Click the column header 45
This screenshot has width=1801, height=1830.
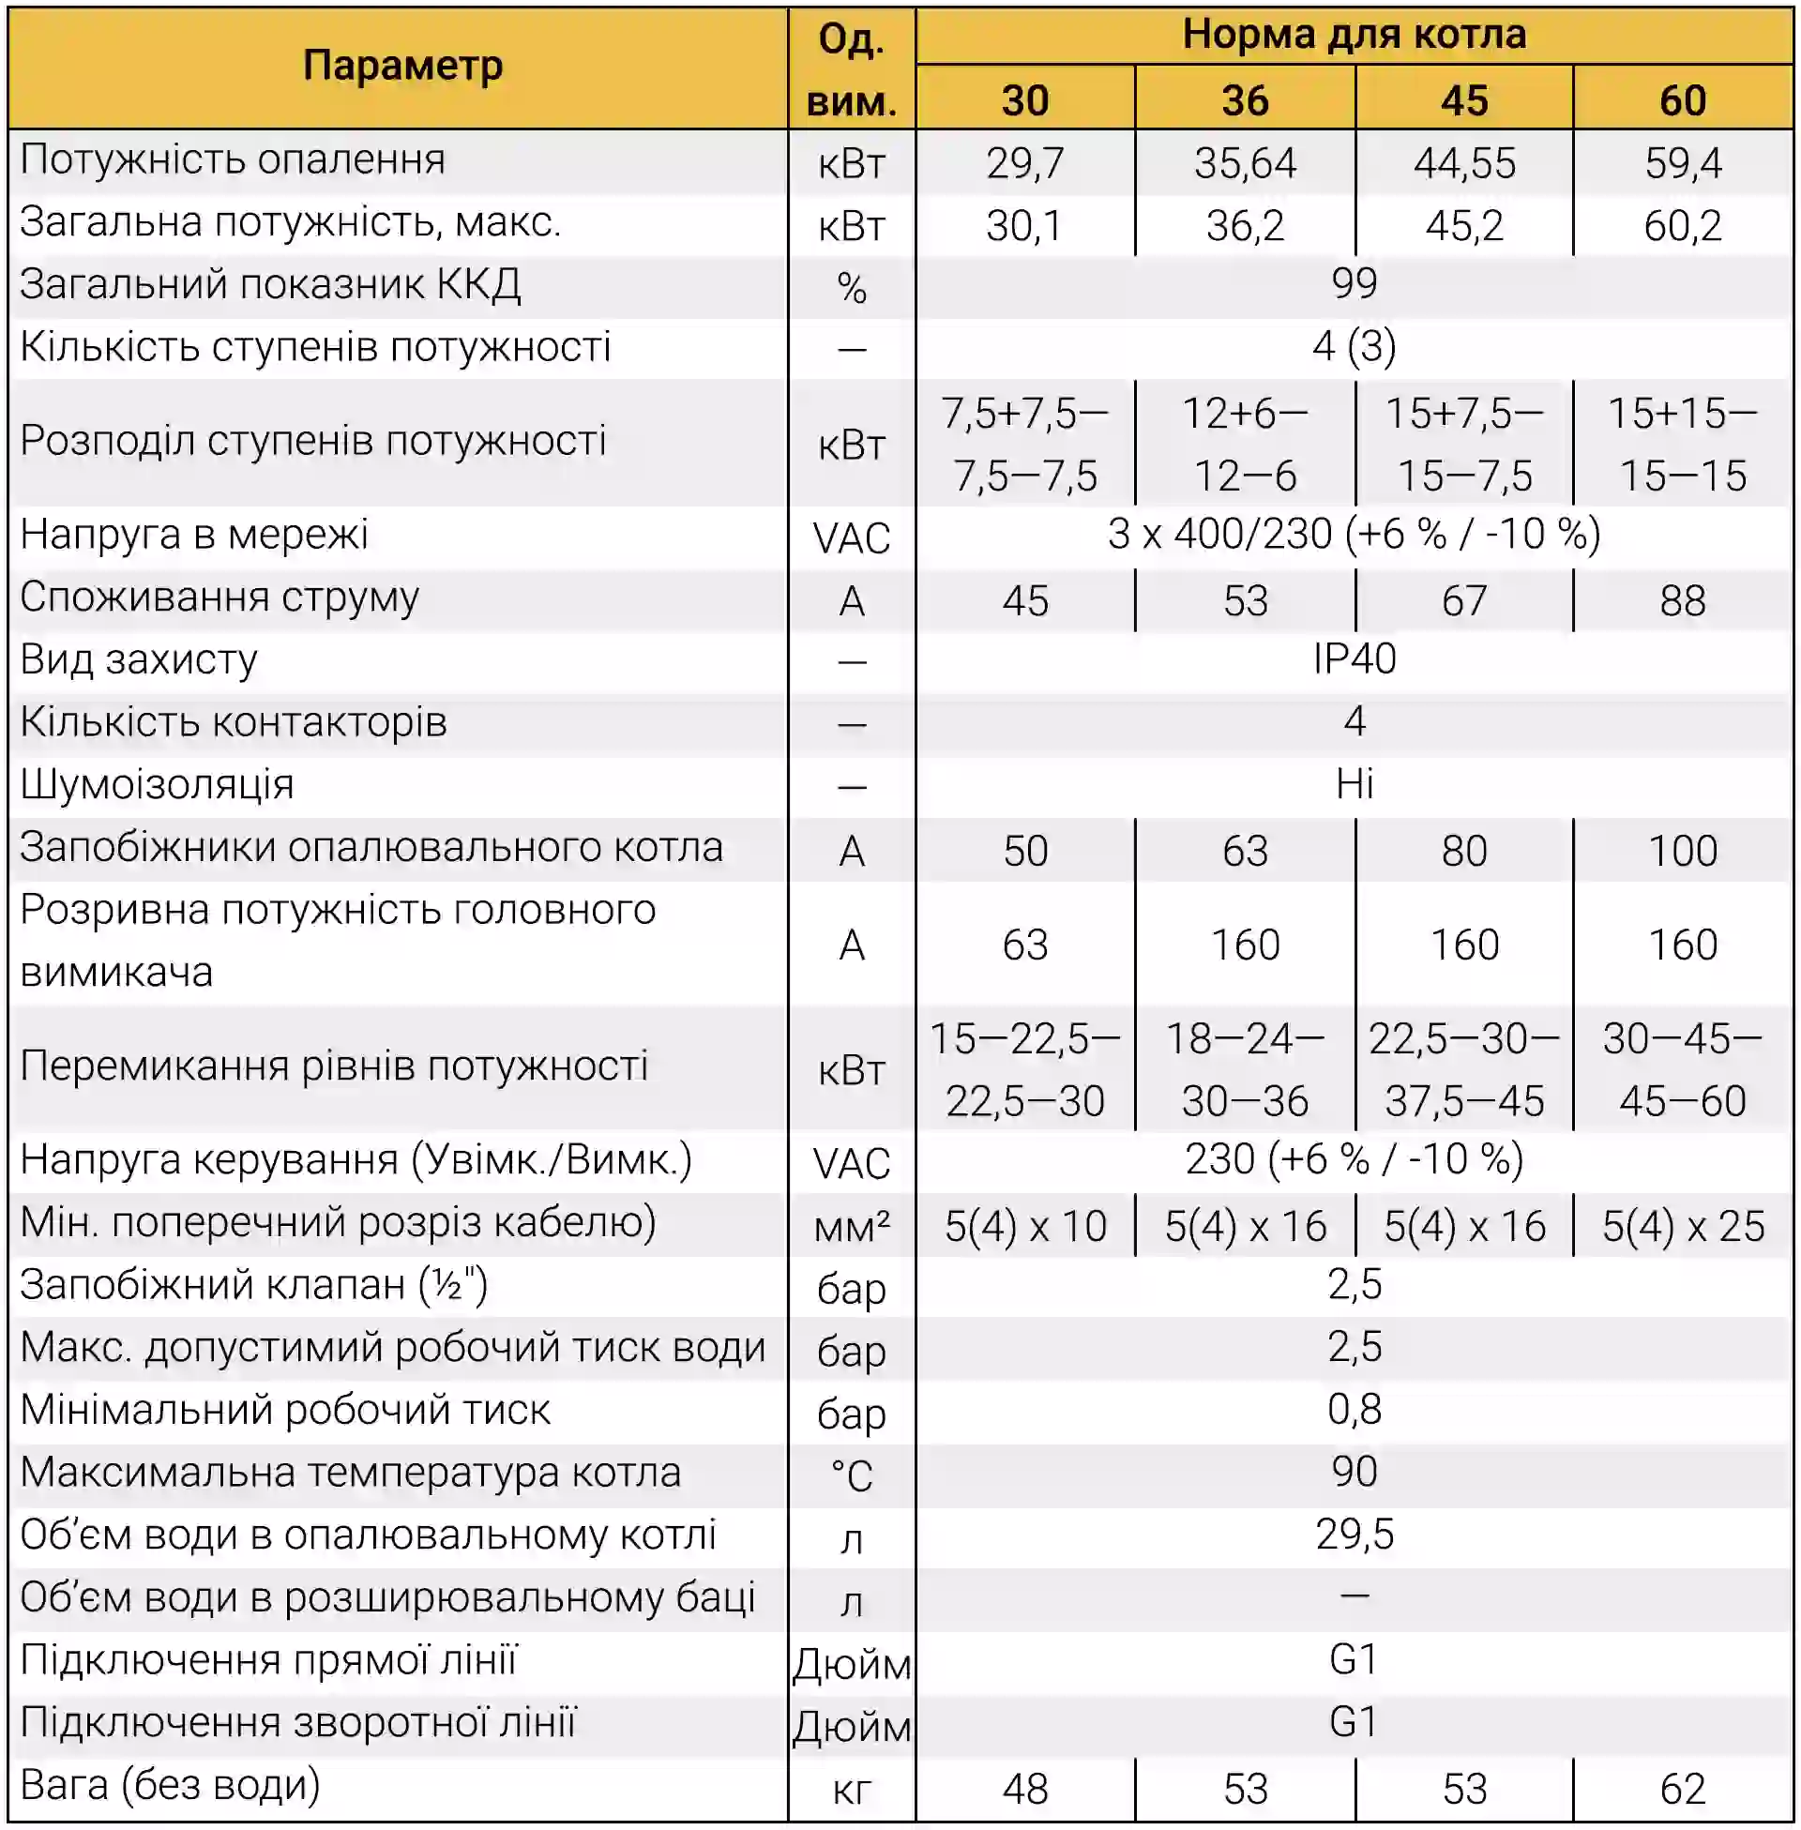pyautogui.click(x=1463, y=100)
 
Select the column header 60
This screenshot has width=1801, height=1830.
pyautogui.click(x=1683, y=100)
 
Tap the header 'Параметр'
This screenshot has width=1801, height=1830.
pyautogui.click(x=402, y=67)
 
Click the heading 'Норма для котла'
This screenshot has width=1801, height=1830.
pyautogui.click(x=1354, y=35)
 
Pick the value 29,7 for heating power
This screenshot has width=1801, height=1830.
pyautogui.click(x=1024, y=163)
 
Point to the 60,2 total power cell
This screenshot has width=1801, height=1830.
pyautogui.click(x=1682, y=226)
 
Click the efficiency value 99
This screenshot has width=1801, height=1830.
pyautogui.click(x=1354, y=283)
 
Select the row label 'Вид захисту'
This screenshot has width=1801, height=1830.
pyautogui.click(x=139, y=659)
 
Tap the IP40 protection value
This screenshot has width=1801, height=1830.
pyautogui.click(x=1354, y=658)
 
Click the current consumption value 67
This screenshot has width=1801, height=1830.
pyautogui.click(x=1463, y=600)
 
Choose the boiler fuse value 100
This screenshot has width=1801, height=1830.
pyautogui.click(x=1682, y=850)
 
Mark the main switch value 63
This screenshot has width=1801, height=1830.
pyautogui.click(x=1024, y=945)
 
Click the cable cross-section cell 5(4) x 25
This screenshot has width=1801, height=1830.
pyautogui.click(x=1682, y=1227)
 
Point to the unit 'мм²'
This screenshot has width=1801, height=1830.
pyautogui.click(x=852, y=1227)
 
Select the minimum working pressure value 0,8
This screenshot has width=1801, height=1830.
pyautogui.click(x=1354, y=1409)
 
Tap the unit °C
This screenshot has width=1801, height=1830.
pyautogui.click(x=852, y=1475)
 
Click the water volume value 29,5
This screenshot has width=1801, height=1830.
pyautogui.click(x=1354, y=1534)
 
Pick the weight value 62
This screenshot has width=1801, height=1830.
pyautogui.click(x=1682, y=1789)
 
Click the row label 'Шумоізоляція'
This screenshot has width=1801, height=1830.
pyautogui.click(x=157, y=785)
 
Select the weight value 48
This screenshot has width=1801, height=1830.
pyautogui.click(x=1024, y=1789)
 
